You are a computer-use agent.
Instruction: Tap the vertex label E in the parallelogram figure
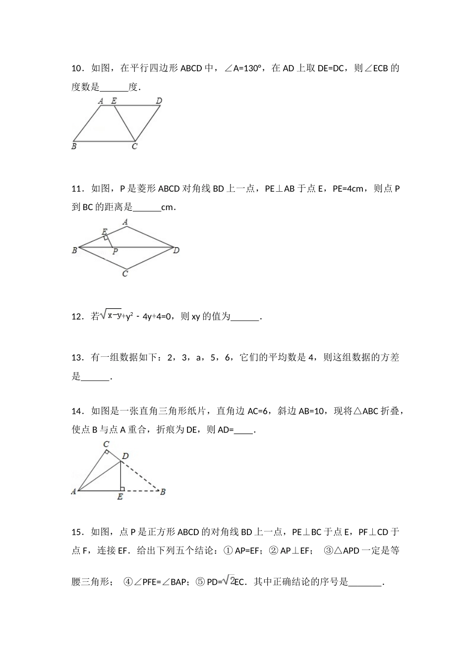(114, 101)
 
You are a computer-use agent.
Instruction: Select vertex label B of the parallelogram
(74, 146)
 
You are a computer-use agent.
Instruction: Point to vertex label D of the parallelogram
(159, 101)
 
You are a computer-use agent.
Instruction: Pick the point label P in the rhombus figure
(115, 252)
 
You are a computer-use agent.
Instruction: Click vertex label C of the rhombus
(125, 274)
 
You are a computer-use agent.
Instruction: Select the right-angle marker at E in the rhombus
(106, 238)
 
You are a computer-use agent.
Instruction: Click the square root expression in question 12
(111, 315)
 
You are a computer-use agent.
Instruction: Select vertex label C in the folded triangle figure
(106, 444)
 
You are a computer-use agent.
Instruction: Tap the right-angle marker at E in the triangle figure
(122, 489)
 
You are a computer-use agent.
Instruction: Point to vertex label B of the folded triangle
(163, 492)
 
